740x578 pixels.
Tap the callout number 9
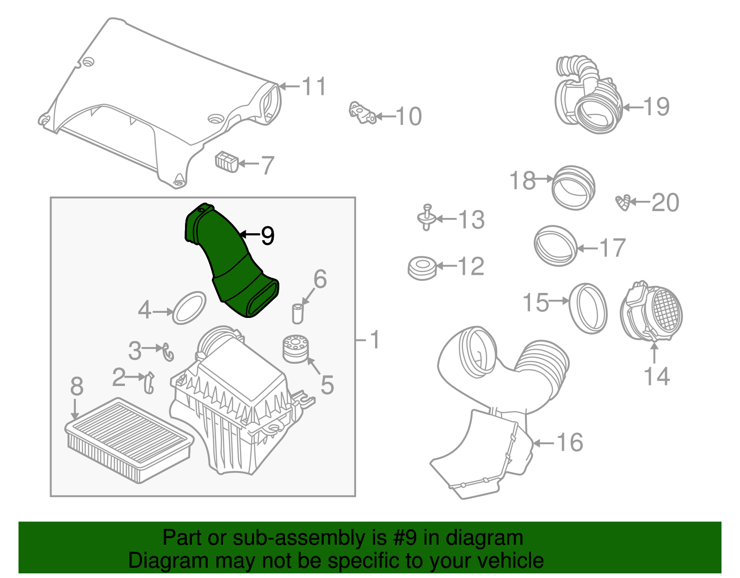267,236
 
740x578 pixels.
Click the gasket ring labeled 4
189,308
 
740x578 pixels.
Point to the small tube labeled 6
297,313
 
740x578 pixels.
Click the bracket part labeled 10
361,113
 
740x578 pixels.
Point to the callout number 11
314,87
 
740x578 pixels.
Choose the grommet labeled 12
422,267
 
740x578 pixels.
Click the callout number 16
570,442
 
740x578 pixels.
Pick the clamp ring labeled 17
555,246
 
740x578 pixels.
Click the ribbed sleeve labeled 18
573,187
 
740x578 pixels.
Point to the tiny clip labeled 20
623,203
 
